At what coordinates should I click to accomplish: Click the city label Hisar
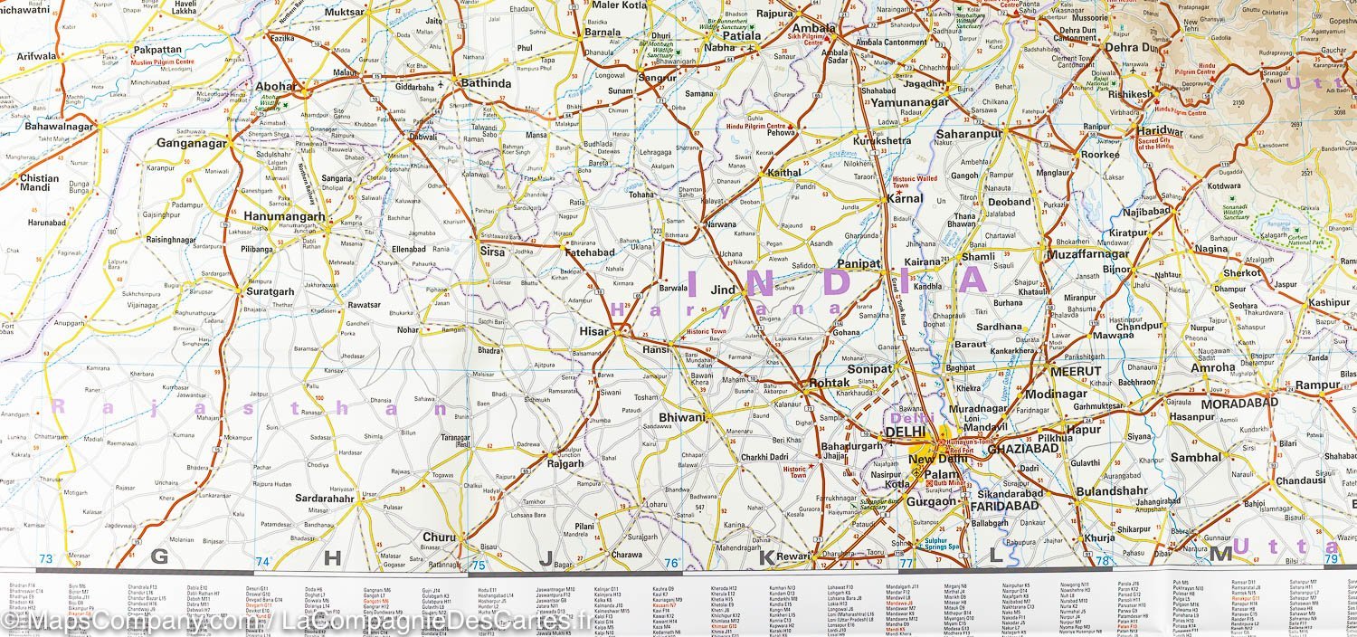click(593, 332)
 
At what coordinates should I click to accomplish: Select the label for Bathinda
click(486, 83)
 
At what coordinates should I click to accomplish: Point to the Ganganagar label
click(191, 143)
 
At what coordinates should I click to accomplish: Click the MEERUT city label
click(1076, 371)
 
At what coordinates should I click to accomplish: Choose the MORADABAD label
click(1238, 402)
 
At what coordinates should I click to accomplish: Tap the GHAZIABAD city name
click(1022, 449)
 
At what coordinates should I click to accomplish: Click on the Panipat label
click(851, 262)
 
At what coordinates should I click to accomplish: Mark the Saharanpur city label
click(970, 133)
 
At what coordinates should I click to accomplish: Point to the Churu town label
click(439, 537)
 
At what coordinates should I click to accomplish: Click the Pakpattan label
click(157, 51)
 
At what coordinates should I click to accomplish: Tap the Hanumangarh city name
click(284, 217)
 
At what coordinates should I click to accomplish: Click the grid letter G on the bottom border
click(159, 556)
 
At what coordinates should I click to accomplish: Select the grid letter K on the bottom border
click(765, 557)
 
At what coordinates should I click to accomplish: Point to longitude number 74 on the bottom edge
click(263, 562)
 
